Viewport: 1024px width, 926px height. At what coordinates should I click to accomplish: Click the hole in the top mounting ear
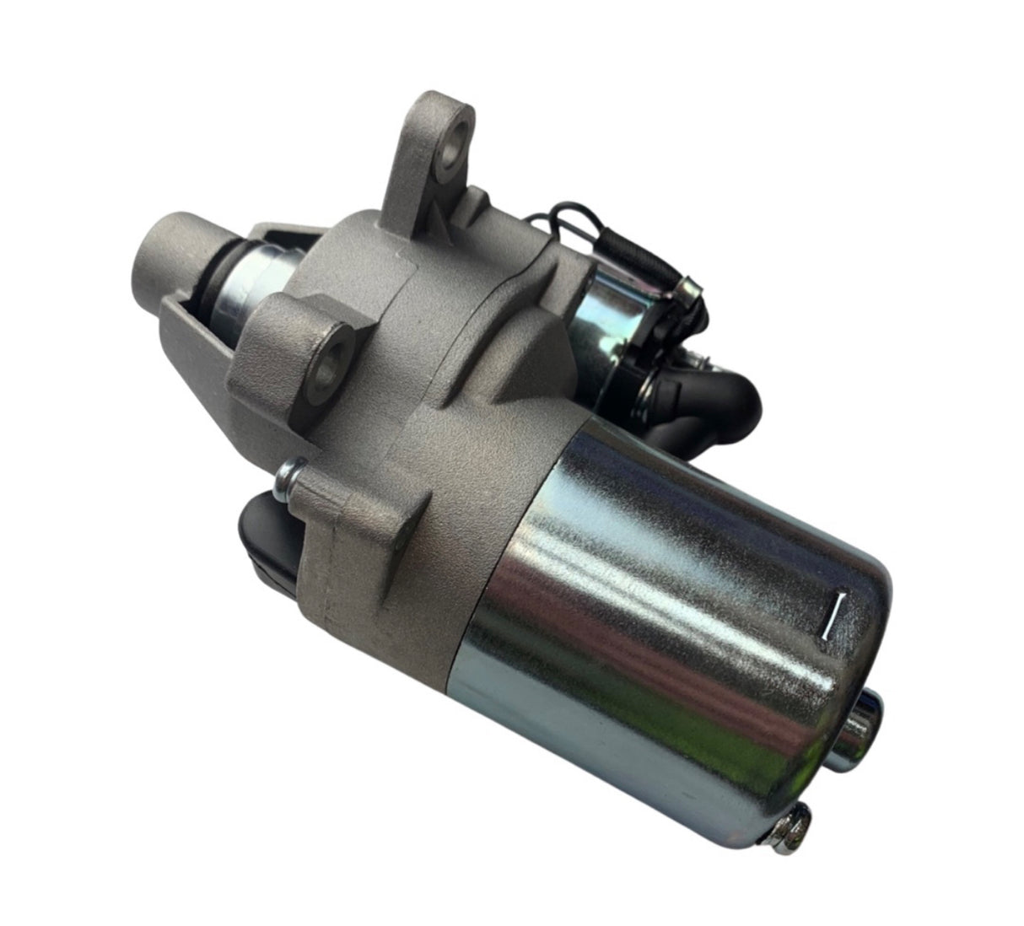pos(456,137)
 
